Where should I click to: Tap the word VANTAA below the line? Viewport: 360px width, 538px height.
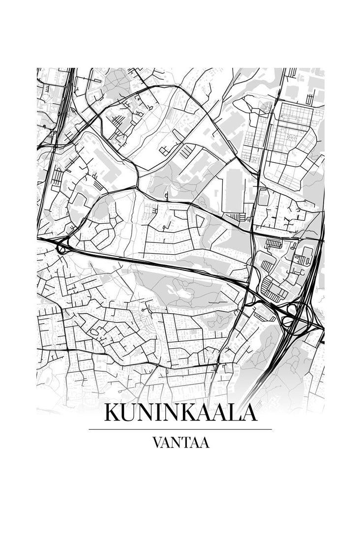pos(180,443)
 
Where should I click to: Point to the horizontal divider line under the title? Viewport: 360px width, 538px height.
pos(180,429)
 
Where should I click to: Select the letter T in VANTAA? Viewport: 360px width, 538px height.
pos(186,443)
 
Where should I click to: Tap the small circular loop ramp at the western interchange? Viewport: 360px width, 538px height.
pos(61,249)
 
